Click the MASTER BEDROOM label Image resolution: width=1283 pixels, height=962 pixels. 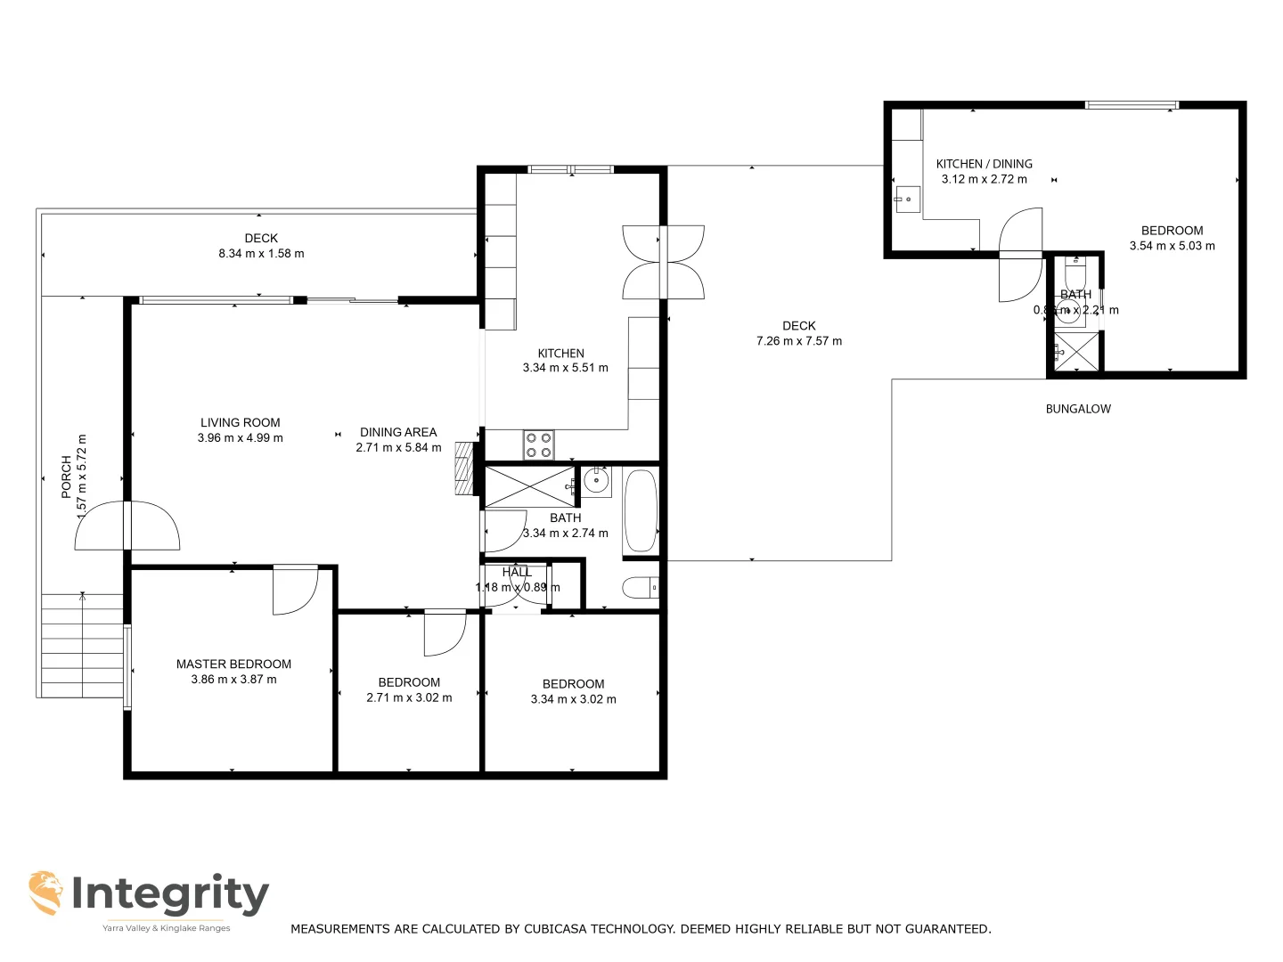233,664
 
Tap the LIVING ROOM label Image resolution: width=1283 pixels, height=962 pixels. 241,423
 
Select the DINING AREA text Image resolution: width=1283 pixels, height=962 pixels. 398,433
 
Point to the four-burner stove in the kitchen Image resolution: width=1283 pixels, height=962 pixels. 538,444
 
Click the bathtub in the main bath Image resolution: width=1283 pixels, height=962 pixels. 641,511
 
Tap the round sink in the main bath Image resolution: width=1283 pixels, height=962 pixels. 596,482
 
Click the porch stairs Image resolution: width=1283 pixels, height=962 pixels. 82,646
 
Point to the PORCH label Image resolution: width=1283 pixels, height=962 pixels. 66,477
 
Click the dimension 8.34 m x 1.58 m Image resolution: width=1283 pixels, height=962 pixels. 261,254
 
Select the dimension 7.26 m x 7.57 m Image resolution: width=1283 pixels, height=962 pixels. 798,341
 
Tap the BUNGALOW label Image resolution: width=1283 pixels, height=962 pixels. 1078,410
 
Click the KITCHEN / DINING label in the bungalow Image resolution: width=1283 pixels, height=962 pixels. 984,164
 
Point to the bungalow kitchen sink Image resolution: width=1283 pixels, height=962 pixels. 907,198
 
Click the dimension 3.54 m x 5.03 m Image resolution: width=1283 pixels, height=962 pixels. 1172,246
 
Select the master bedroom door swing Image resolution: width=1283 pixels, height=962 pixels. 295,590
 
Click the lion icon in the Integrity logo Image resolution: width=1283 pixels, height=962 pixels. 45,893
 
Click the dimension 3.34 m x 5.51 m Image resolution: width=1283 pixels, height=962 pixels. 565,368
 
